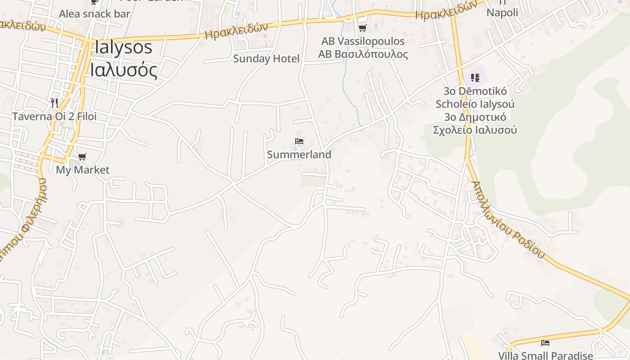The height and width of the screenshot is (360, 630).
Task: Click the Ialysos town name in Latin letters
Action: click(x=123, y=48)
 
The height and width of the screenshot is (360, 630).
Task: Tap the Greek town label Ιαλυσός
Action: click(x=123, y=70)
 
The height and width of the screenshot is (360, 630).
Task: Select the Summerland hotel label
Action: click(x=299, y=154)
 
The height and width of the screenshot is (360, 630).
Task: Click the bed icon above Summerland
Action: click(x=299, y=141)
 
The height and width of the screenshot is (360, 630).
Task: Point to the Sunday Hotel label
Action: click(x=266, y=58)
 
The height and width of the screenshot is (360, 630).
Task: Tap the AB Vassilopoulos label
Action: click(x=363, y=41)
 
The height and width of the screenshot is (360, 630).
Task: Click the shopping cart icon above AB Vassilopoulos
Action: click(x=362, y=28)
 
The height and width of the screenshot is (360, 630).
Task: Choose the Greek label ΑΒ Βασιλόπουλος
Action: click(x=363, y=54)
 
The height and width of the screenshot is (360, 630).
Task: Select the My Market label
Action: click(x=82, y=170)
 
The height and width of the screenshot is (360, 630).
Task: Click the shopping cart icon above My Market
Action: click(x=82, y=157)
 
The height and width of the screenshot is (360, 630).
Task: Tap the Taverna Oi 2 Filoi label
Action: click(x=54, y=117)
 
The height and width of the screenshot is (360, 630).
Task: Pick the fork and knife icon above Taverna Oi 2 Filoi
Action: click(x=54, y=103)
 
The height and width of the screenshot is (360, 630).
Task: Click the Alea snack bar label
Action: click(x=94, y=13)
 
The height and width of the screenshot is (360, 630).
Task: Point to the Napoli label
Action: click(x=502, y=13)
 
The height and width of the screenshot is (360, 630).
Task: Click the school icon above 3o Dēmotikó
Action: click(x=475, y=78)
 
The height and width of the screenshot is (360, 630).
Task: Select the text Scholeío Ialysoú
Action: click(x=475, y=104)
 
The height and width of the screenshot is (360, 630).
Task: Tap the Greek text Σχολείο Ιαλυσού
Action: click(x=475, y=130)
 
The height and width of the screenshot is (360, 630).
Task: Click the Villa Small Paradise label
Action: click(x=545, y=355)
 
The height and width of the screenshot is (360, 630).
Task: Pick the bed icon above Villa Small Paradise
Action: click(x=545, y=343)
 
